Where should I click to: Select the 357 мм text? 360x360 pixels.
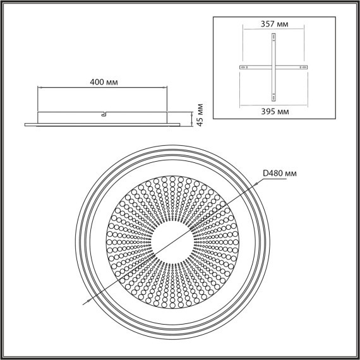click(x=274, y=24)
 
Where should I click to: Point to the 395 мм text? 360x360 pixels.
click(x=274, y=111)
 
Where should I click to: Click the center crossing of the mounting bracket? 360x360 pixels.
click(x=273, y=67)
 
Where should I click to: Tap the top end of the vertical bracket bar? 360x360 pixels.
click(x=273, y=36)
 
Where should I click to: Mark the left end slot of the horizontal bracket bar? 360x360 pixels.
click(x=242, y=67)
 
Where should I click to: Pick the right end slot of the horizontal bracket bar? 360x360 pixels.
click(x=304, y=67)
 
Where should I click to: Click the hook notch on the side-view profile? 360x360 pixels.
click(x=103, y=114)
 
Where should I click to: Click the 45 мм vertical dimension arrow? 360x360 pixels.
click(x=192, y=117)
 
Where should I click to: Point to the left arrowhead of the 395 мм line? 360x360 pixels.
click(x=241, y=104)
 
